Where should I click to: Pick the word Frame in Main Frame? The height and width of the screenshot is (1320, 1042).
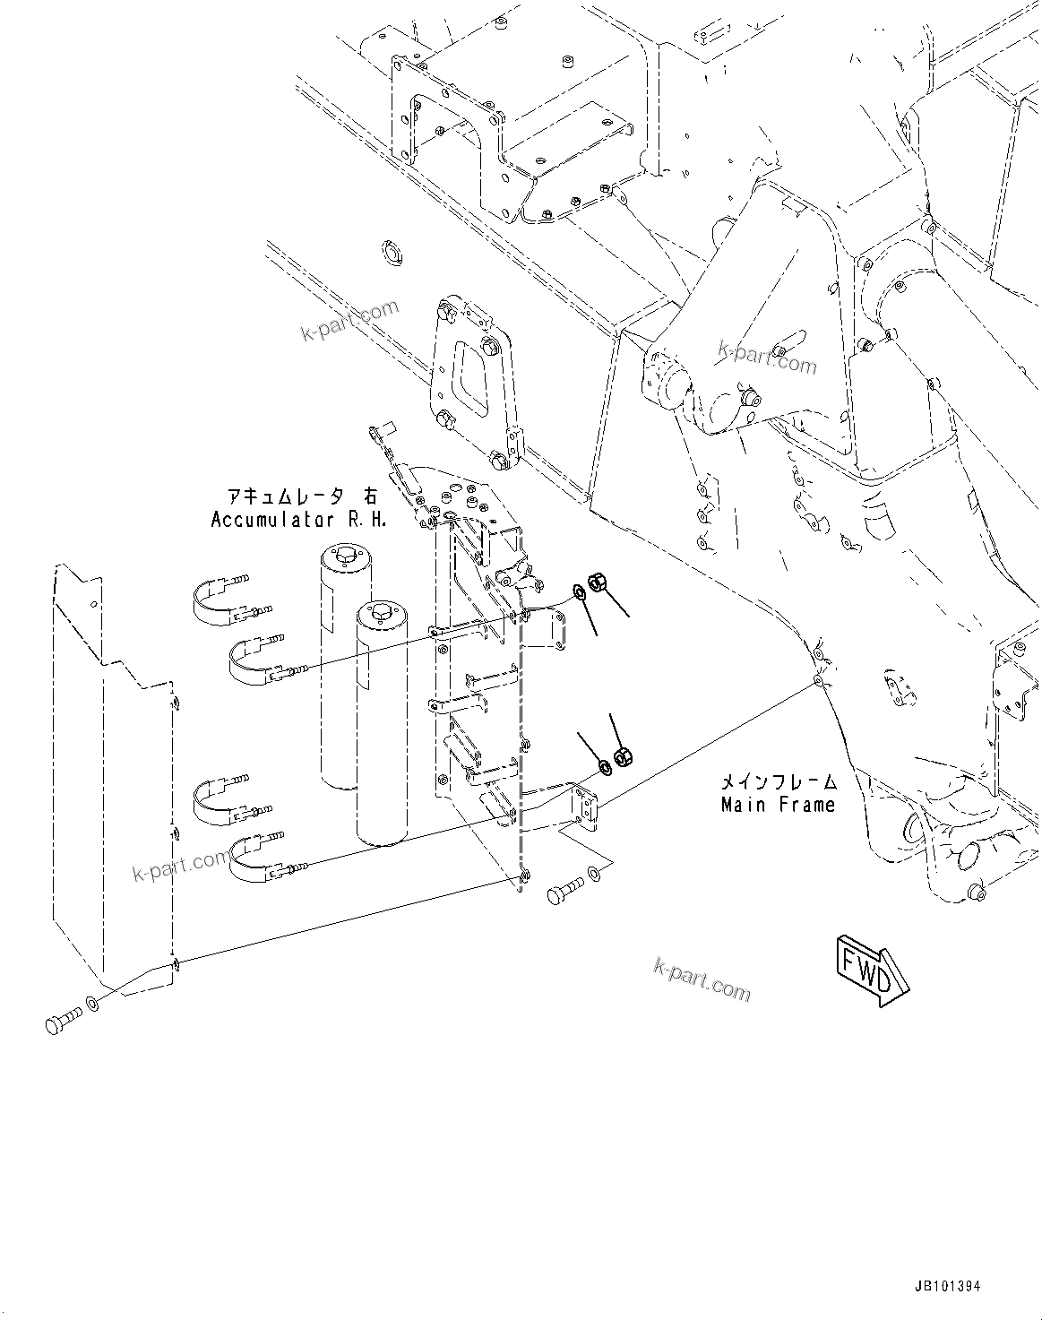(x=805, y=805)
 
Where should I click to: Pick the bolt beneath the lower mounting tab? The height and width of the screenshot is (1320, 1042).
(x=564, y=892)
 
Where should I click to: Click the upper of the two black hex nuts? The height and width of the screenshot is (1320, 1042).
(x=599, y=582)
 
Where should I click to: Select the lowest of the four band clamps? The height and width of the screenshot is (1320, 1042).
(x=260, y=857)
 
